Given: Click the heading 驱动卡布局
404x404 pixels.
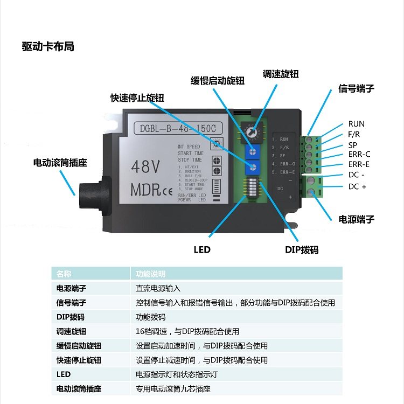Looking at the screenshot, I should click(48, 47).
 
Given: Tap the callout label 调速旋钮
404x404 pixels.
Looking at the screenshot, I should click(280, 74).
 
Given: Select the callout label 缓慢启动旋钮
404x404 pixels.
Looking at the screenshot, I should click(218, 81).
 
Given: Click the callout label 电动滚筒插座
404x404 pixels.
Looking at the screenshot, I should click(60, 162).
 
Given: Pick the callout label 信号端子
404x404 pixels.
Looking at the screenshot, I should click(356, 88).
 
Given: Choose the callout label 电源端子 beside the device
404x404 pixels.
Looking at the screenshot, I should click(356, 219).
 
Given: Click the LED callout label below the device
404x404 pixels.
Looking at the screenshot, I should click(202, 250).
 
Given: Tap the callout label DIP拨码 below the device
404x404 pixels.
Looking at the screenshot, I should click(302, 250).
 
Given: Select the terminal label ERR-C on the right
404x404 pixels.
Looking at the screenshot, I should click(359, 155).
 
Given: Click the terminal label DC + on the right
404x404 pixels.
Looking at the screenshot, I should click(357, 186).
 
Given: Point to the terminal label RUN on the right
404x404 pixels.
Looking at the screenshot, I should click(356, 124).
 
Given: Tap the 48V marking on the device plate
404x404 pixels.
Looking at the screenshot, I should click(145, 167).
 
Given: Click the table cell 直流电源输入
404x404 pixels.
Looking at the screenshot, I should click(158, 289).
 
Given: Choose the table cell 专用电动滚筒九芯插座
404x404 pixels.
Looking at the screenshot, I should click(173, 388).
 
